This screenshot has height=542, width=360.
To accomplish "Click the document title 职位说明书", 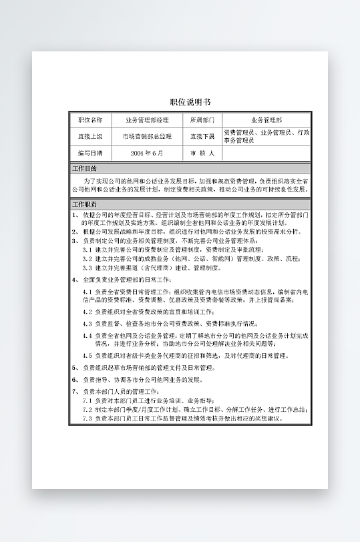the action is click(x=190, y=101).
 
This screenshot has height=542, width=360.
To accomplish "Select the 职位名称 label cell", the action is click(x=91, y=120).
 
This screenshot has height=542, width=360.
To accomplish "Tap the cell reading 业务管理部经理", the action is click(x=148, y=120).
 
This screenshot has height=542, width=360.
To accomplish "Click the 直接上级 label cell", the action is click(x=91, y=136).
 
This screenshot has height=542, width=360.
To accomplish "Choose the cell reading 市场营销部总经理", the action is click(x=148, y=136).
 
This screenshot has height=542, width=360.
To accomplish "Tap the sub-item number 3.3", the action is click(x=87, y=267).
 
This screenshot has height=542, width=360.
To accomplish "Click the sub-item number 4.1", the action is click(x=87, y=292).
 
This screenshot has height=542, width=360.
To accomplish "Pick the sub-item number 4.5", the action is click(x=87, y=356).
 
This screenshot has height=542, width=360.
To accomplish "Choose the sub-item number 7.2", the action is click(x=87, y=409).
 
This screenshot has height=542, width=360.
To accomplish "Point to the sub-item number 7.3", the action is click(x=87, y=419).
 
